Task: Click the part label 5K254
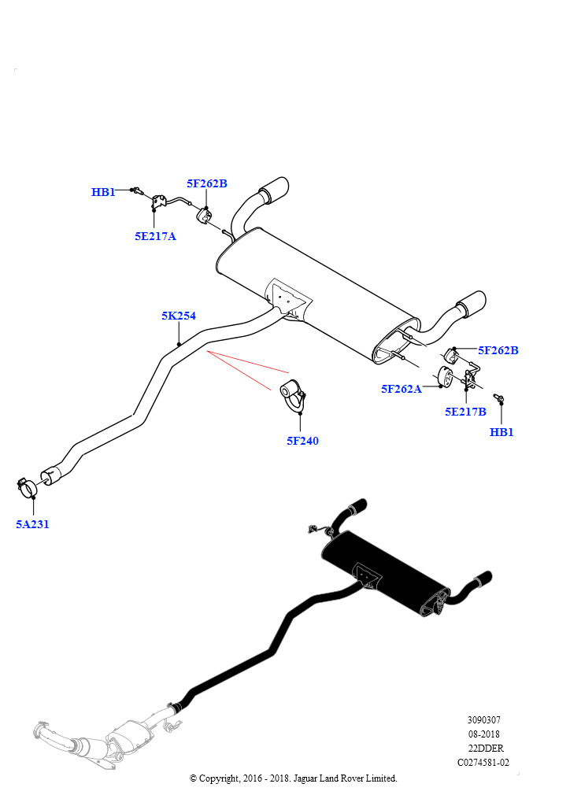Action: [x=179, y=316]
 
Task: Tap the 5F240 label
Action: [x=302, y=441]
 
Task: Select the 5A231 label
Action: [x=32, y=524]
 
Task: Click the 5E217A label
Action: [x=155, y=236]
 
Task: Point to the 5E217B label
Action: [x=465, y=411]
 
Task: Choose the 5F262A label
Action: [x=402, y=389]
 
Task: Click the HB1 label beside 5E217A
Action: [x=103, y=192]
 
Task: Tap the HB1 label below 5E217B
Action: [x=502, y=432]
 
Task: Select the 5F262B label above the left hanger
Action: [x=206, y=183]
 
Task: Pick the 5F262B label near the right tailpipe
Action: [x=498, y=350]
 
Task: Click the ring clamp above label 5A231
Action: [x=26, y=486]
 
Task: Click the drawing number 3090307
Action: [x=483, y=719]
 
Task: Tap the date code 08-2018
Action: [x=483, y=734]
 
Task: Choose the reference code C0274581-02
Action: [x=483, y=762]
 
